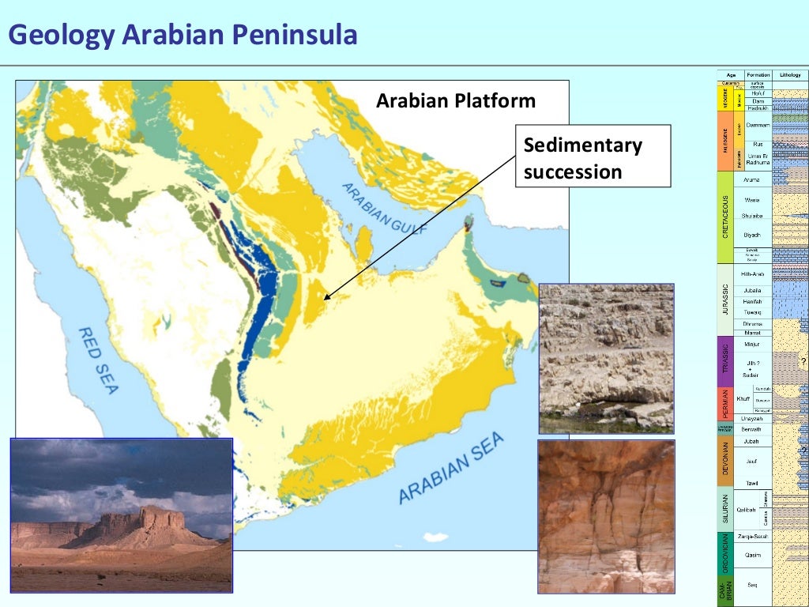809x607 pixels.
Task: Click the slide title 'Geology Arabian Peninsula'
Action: pyautogui.click(x=182, y=36)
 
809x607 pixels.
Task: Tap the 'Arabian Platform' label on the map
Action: pyautogui.click(x=455, y=101)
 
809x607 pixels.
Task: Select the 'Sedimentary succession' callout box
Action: pyautogui.click(x=592, y=156)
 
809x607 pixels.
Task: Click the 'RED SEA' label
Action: pyautogui.click(x=99, y=360)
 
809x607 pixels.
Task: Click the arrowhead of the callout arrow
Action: pyautogui.click(x=325, y=299)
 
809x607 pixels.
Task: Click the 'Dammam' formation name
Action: pyautogui.click(x=758, y=125)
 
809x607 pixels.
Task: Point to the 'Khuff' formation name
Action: pyautogui.click(x=743, y=398)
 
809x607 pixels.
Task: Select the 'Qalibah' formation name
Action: pyautogui.click(x=746, y=510)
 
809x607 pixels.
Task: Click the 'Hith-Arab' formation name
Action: pyautogui.click(x=752, y=273)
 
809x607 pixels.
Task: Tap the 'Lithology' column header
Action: pyautogui.click(x=790, y=75)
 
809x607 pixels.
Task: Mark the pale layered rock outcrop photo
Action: pyautogui.click(x=606, y=358)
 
